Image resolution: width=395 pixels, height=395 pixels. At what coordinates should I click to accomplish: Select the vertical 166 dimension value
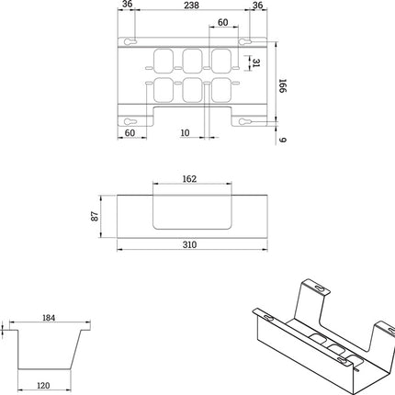click(284, 84)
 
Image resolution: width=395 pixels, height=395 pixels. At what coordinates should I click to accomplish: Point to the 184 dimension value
click(49, 319)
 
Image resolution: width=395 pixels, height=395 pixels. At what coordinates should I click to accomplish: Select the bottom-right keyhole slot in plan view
click(250, 123)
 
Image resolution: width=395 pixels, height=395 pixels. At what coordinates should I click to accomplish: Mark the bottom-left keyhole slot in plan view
click(131, 123)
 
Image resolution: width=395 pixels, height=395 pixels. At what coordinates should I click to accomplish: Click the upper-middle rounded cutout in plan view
click(192, 61)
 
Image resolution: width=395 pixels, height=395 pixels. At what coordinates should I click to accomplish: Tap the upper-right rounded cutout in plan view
click(220, 61)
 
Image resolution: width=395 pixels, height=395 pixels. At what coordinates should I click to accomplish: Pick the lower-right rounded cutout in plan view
click(220, 90)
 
